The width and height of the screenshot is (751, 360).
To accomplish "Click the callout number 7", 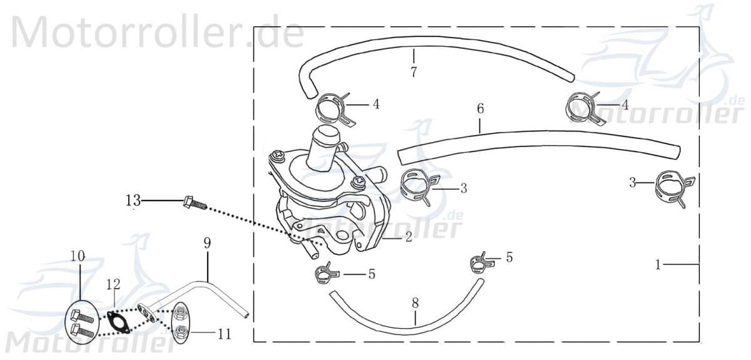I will [414, 72].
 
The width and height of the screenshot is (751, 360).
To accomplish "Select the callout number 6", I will [480, 108].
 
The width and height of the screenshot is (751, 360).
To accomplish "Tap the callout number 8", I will [415, 303].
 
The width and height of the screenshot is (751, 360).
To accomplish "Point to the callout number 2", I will [408, 237].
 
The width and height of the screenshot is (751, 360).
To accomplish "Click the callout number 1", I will [658, 265].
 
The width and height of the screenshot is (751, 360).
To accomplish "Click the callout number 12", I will [113, 284].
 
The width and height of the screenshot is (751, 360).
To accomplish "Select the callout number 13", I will [133, 200].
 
